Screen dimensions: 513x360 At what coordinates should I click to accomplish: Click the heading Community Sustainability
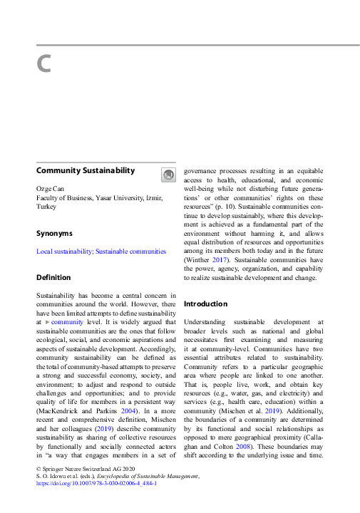pos(86,171)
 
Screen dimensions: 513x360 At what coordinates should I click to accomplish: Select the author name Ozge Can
pos(50,187)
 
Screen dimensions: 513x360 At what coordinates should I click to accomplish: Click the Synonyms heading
pos(54,233)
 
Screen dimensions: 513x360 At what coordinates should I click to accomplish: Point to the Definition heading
pos(53,277)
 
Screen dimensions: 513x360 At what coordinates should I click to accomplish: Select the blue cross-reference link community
pos(66,322)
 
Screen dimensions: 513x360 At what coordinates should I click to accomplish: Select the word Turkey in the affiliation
pos(46,206)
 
